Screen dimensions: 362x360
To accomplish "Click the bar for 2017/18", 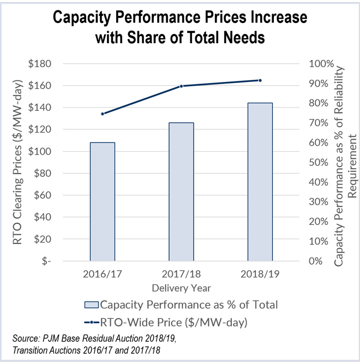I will click(x=181, y=191).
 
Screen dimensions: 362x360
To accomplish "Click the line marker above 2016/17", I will click(x=102, y=114).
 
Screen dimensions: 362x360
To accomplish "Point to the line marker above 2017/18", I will click(x=181, y=86).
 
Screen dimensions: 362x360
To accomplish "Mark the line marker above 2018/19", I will click(x=260, y=80).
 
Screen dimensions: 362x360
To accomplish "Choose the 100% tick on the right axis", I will click(x=317, y=64).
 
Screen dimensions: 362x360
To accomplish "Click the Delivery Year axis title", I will click(x=181, y=287).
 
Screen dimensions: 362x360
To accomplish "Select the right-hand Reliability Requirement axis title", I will click(x=345, y=162).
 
